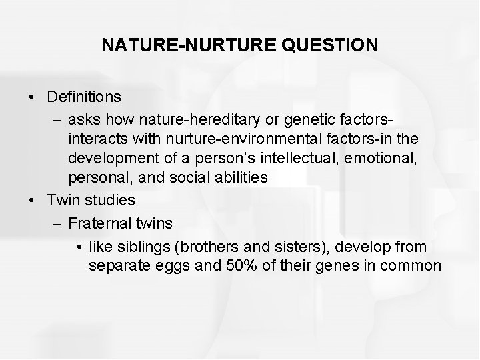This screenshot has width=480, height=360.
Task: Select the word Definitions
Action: tap(84, 97)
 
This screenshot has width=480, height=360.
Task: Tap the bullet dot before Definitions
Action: tap(33, 97)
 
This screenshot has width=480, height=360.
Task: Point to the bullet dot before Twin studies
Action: tap(33, 200)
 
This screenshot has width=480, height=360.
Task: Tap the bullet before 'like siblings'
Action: tap(79, 247)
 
